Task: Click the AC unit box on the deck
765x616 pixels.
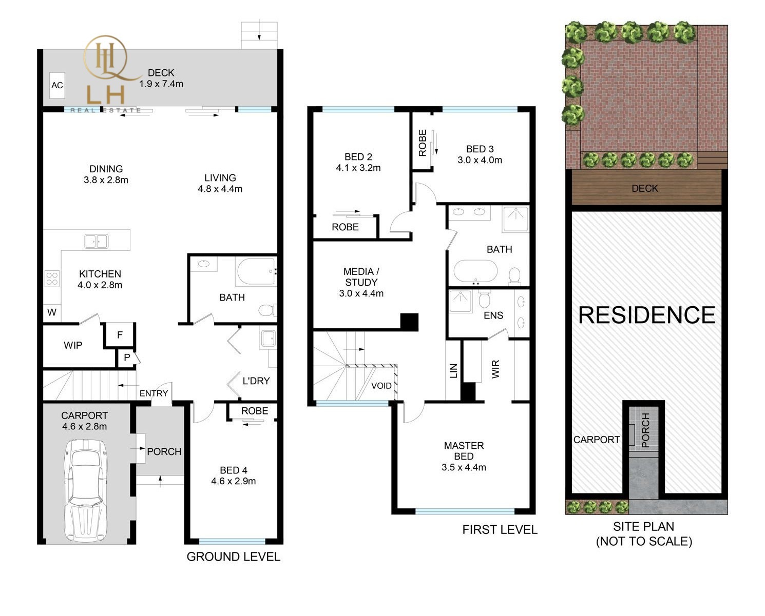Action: (x=57, y=85)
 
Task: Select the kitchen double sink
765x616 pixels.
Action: (x=97, y=242)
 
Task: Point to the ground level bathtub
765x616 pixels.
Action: (x=257, y=272)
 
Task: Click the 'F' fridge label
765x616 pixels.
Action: (x=120, y=334)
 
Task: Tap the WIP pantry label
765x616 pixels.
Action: (x=73, y=345)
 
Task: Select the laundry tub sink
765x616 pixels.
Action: (x=268, y=338)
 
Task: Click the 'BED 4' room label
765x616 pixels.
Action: (x=234, y=470)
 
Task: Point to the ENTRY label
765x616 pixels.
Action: (x=154, y=393)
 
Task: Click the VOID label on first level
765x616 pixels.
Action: (x=381, y=386)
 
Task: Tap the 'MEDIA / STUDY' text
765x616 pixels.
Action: (x=361, y=277)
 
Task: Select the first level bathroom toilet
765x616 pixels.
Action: (x=514, y=276)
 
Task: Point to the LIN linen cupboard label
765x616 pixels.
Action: (x=453, y=370)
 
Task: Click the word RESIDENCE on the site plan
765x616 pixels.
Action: (x=646, y=315)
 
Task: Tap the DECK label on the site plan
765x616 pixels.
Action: (x=645, y=188)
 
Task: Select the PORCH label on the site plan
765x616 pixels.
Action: (x=645, y=430)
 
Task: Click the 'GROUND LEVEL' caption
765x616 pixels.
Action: (x=234, y=557)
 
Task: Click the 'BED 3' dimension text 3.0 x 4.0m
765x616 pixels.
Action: (x=480, y=160)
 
